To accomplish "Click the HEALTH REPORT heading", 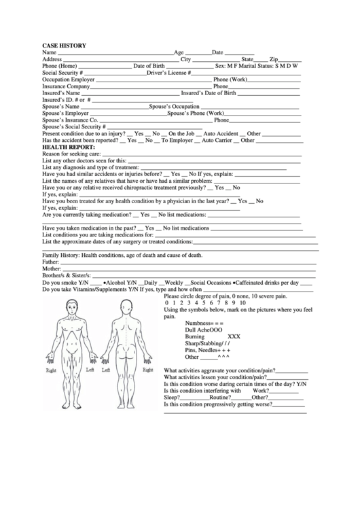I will point(69,147).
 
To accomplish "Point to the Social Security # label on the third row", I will point(62,73).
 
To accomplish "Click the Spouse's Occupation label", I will point(175,107).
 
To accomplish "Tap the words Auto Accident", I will point(221,134).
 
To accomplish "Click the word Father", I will point(50,262).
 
